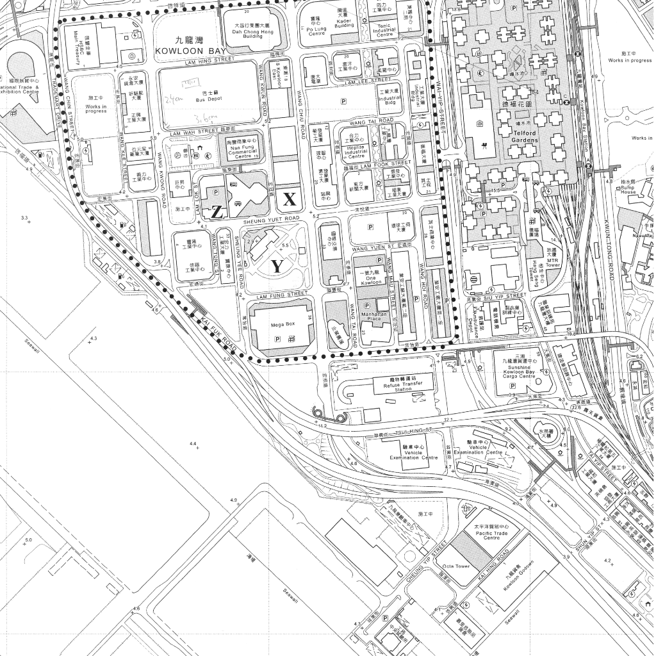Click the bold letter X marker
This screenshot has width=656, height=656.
point(290,199)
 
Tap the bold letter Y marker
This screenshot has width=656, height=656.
point(277,266)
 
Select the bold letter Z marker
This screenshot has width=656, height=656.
point(217,213)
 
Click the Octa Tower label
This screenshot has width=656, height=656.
point(457,566)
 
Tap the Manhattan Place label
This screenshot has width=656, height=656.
point(371,315)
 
